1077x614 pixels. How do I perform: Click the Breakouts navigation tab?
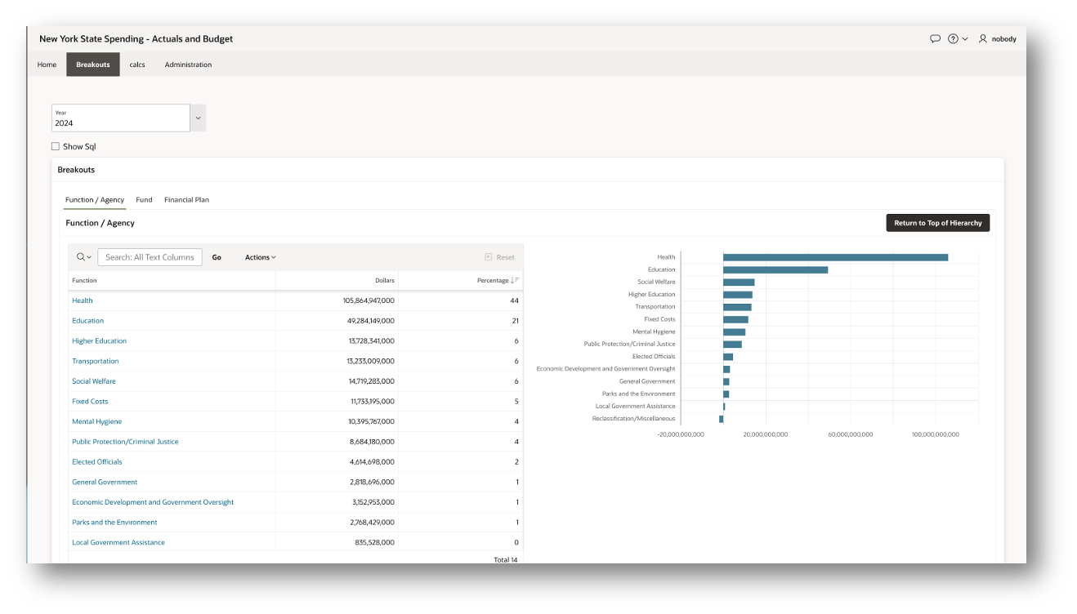click(93, 65)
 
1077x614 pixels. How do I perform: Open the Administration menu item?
click(188, 65)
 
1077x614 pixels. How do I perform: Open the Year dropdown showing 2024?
click(198, 118)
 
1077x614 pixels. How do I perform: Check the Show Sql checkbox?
click(56, 147)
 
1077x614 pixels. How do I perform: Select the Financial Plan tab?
click(186, 200)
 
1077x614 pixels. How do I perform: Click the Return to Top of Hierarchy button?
click(937, 223)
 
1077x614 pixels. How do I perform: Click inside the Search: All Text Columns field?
click(150, 257)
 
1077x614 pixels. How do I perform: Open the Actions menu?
click(260, 257)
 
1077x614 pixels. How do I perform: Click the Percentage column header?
click(493, 281)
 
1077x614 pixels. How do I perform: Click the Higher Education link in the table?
click(99, 341)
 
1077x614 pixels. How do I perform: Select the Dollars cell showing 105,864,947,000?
click(369, 300)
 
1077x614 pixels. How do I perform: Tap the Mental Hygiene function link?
click(96, 421)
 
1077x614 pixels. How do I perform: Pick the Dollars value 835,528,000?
click(372, 542)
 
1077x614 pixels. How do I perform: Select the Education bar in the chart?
click(775, 269)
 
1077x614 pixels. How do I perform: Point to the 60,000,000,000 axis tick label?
click(850, 434)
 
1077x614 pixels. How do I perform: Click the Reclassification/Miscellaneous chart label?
click(634, 419)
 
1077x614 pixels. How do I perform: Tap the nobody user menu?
click(998, 39)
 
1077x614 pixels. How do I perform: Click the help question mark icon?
click(953, 39)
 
